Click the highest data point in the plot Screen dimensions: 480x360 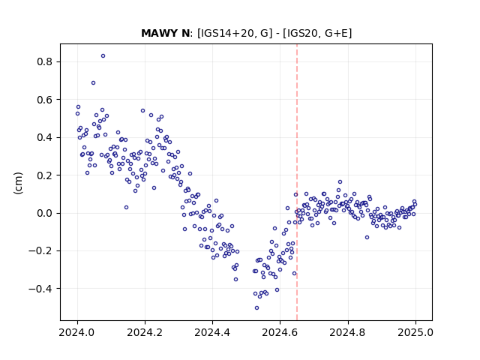103,56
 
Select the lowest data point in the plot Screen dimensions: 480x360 256,308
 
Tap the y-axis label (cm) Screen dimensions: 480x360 18,183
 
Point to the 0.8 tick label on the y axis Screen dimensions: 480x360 45,61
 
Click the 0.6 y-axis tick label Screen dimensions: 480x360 45,100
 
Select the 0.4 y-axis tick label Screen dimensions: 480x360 45,138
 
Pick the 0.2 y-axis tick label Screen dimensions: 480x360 45,175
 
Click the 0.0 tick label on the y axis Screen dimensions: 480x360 45,213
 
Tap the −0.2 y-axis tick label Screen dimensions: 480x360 41,251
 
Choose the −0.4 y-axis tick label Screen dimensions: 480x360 41,289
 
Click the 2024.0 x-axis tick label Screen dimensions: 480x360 77,332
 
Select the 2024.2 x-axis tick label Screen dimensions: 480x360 145,332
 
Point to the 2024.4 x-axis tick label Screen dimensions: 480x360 212,332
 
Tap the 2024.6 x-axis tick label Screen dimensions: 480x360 280,332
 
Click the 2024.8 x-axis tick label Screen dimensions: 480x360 348,332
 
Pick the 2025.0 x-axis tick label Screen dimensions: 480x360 415,332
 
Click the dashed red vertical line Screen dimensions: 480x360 297,182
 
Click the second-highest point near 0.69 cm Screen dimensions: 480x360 93,83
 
